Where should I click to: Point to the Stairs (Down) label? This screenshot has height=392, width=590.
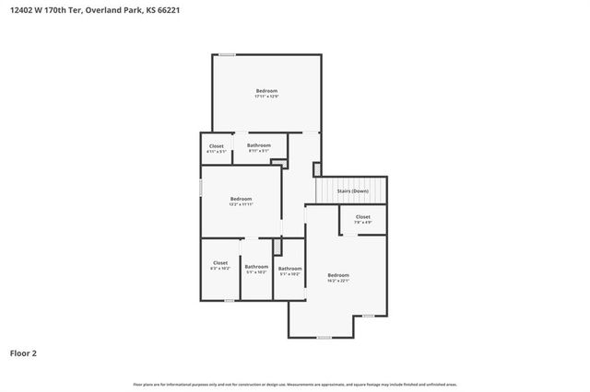[x=352, y=191]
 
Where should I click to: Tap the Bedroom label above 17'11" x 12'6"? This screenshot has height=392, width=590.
[x=266, y=90]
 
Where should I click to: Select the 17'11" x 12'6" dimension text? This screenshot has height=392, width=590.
[x=266, y=97]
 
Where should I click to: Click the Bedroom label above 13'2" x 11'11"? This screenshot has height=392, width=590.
[x=241, y=199]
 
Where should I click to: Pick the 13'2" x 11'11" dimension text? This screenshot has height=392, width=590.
[x=241, y=205]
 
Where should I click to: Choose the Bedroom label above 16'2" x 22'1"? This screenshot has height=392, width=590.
[x=338, y=275]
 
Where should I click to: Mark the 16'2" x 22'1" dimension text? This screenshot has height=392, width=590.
[x=338, y=282]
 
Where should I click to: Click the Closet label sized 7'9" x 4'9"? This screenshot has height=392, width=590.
[x=363, y=217]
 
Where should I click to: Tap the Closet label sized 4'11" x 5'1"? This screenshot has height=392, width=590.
[x=217, y=145]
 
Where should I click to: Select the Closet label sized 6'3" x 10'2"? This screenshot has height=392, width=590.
[x=220, y=262]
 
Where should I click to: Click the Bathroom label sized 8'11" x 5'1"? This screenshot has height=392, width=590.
[x=259, y=145]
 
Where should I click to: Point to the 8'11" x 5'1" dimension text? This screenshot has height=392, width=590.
[x=259, y=151]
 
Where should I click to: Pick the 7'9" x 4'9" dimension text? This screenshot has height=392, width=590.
[x=363, y=223]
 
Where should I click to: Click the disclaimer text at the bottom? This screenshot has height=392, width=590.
[x=295, y=384]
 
